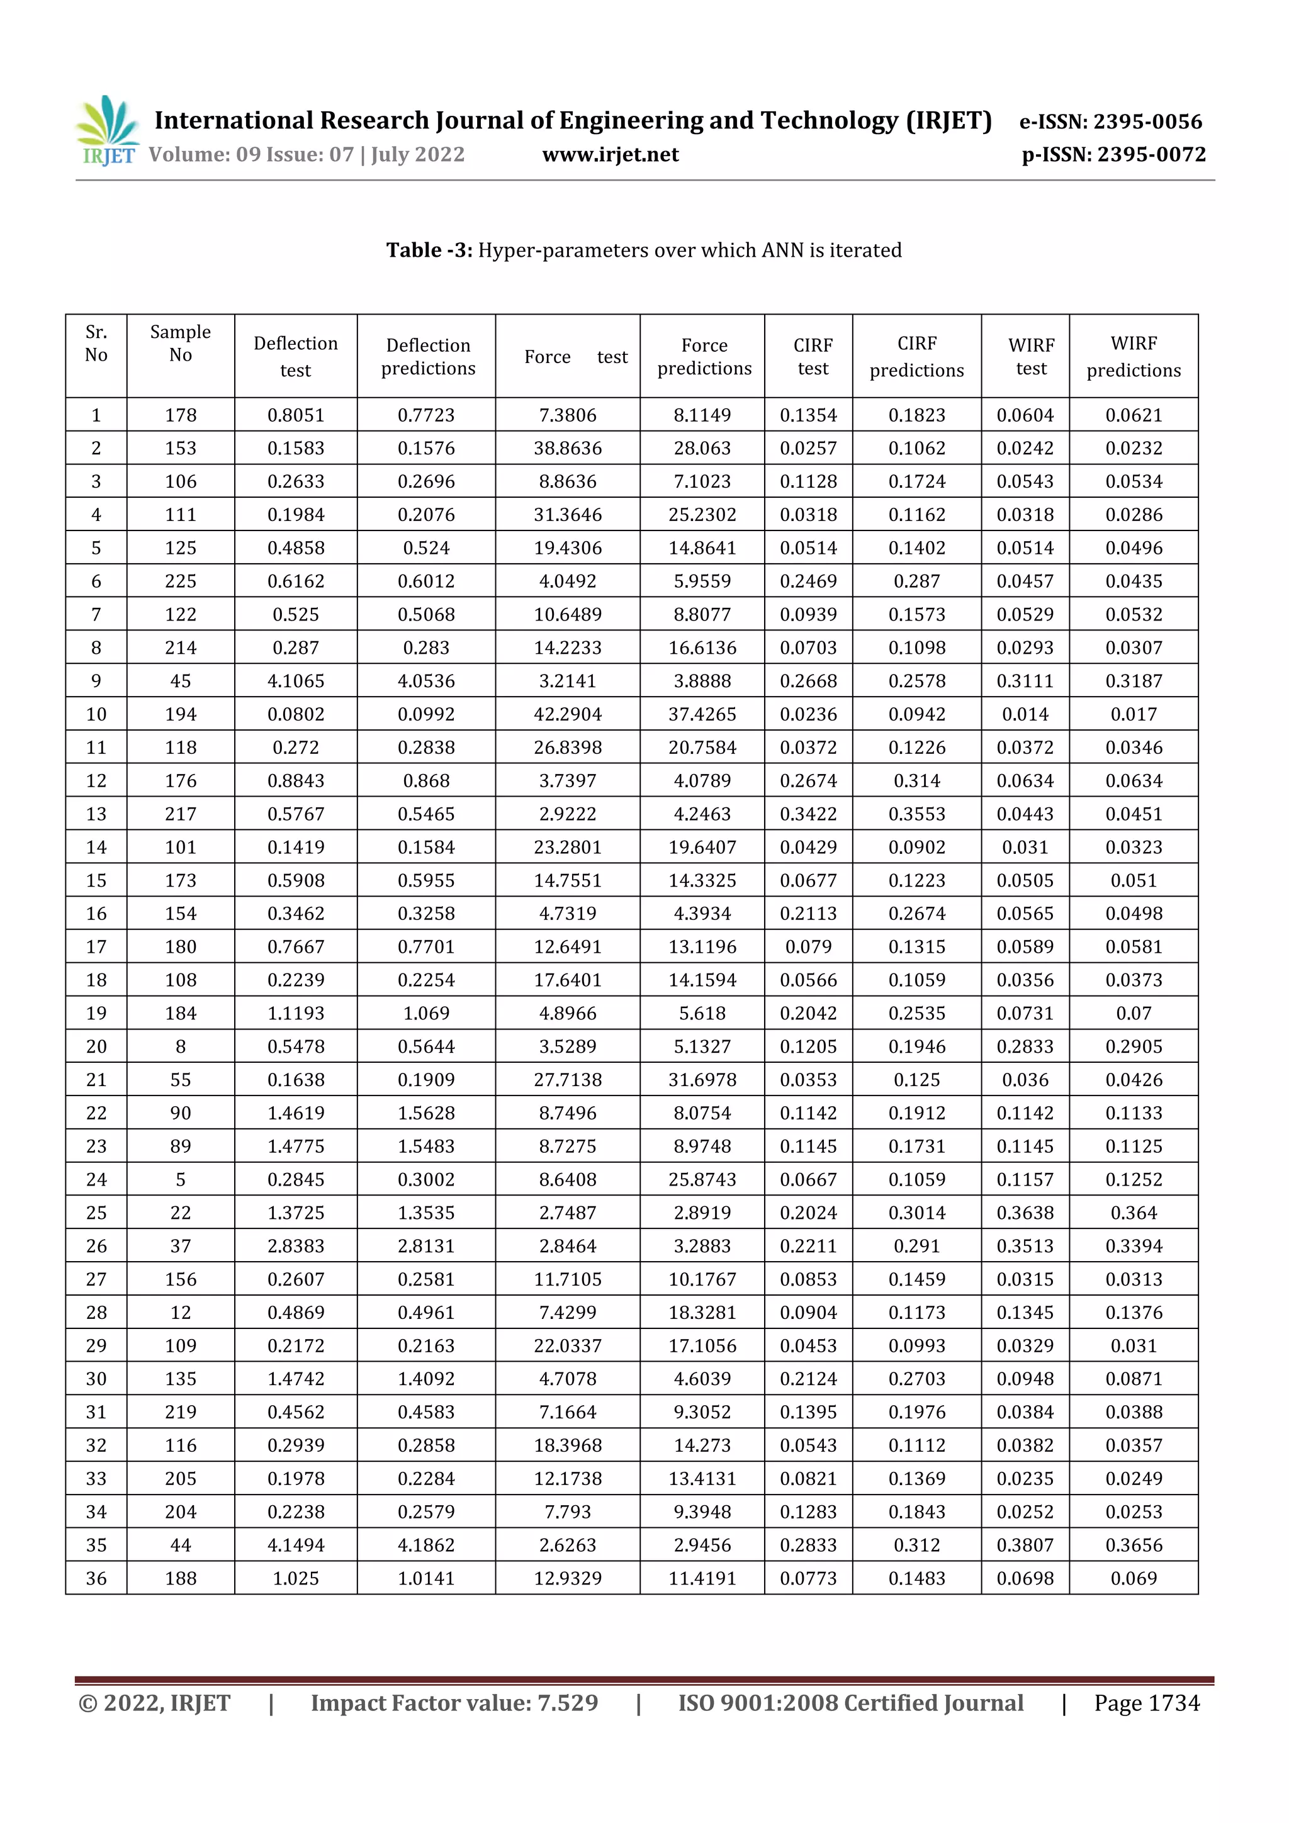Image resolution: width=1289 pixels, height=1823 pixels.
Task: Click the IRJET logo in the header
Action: coord(107,131)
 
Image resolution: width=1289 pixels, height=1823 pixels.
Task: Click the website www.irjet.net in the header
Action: coord(610,154)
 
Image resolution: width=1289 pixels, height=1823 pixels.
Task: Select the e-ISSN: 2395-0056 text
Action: coord(1110,121)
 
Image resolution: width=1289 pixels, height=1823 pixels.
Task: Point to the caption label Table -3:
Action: coord(429,250)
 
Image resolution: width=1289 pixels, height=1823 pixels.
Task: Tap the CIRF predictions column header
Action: coord(916,357)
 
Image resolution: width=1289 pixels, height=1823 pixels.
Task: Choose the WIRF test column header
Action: coord(1031,357)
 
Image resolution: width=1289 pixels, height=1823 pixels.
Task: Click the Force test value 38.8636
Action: coord(567,448)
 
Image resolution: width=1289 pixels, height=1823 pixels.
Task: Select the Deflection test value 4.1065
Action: coord(295,680)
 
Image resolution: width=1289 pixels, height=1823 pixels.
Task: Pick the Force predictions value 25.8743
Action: coord(702,1179)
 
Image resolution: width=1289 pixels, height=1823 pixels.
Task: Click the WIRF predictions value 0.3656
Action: coord(1134,1544)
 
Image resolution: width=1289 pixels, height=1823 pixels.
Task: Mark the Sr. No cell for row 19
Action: coord(96,1013)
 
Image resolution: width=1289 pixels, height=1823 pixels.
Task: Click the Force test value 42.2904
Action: coord(567,714)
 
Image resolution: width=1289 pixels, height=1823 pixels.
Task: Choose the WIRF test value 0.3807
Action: coord(1025,1544)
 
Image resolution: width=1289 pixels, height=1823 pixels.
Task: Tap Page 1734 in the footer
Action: coord(1146,1702)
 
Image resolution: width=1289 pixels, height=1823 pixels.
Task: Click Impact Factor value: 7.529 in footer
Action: coord(454,1702)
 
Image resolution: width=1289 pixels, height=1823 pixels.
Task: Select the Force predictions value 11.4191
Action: coord(702,1578)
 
